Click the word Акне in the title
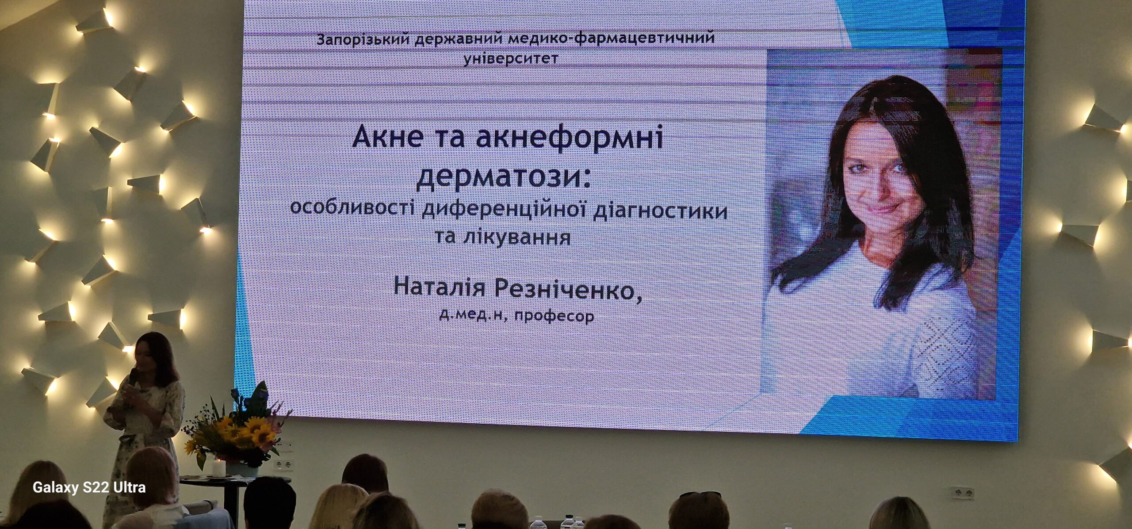point(388,137)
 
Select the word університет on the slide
point(510,58)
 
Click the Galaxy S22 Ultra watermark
point(89,487)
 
